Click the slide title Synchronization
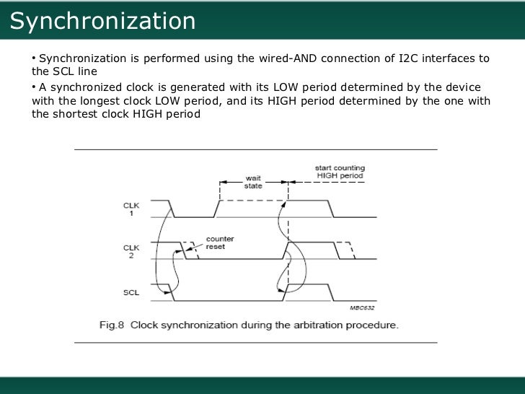click(102, 22)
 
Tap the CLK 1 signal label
click(132, 209)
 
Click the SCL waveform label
click(132, 292)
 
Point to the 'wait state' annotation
click(254, 180)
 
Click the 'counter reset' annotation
click(219, 242)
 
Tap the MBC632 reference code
click(363, 307)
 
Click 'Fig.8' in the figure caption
click(112, 325)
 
